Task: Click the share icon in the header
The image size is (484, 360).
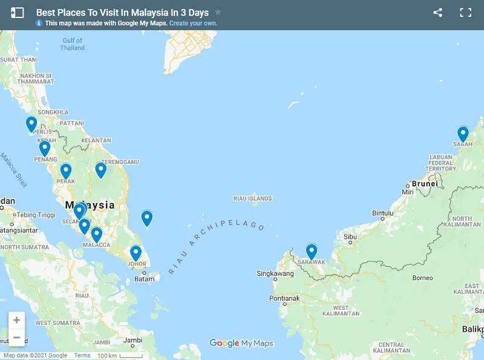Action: click(438, 13)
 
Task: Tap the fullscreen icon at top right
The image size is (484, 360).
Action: click(465, 13)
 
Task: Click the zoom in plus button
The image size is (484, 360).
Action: click(16, 320)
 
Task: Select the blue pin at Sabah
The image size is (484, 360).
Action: click(463, 134)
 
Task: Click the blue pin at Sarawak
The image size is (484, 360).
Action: click(312, 251)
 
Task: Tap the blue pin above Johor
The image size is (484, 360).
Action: click(136, 253)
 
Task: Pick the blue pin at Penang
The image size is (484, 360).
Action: click(44, 148)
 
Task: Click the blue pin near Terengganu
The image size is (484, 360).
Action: click(100, 171)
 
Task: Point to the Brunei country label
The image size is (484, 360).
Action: click(424, 183)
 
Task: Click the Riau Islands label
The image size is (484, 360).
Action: click(252, 198)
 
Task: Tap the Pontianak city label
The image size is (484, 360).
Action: click(284, 298)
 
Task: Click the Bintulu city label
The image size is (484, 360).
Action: click(383, 213)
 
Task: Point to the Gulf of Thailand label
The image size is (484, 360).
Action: click(73, 44)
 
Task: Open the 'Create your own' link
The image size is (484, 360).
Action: click(194, 24)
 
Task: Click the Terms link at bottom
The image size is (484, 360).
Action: click(82, 356)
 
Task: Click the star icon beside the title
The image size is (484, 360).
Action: click(218, 12)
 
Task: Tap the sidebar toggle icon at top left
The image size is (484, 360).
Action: click(18, 13)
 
